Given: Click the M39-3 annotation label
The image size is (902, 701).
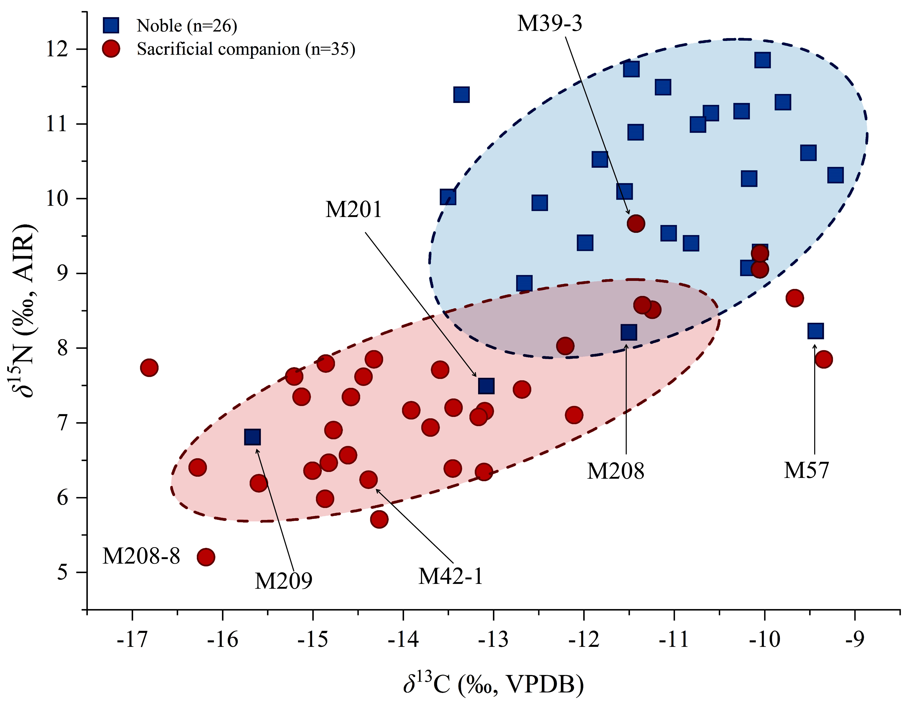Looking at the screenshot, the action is (x=550, y=24).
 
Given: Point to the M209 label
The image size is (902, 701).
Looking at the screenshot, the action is (x=283, y=581).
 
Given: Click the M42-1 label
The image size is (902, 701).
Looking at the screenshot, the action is (x=451, y=576).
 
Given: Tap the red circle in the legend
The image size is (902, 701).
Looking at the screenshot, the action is (x=111, y=49).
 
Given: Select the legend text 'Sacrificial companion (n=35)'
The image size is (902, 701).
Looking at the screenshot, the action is (x=246, y=49).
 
